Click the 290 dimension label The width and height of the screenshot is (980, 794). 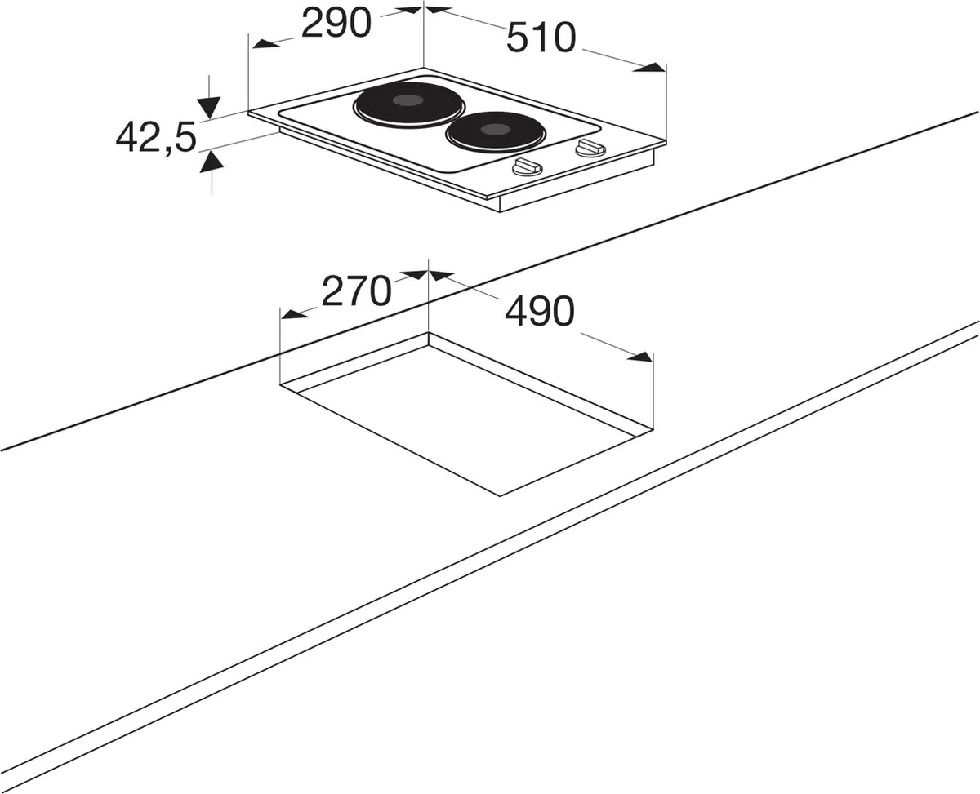[x=336, y=23]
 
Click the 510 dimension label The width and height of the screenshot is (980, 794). [x=541, y=38]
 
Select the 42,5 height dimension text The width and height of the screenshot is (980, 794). [x=156, y=137]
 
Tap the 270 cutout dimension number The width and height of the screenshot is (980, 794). [x=357, y=291]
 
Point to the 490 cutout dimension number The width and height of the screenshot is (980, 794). [x=540, y=311]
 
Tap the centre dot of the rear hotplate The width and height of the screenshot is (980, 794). [x=408, y=100]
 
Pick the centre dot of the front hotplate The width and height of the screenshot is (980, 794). [x=496, y=130]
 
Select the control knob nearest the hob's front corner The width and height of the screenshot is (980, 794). [x=528, y=167]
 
